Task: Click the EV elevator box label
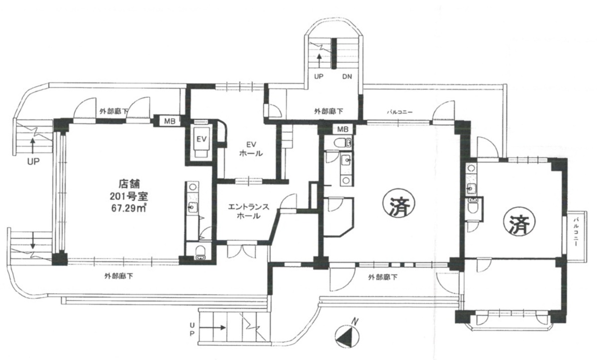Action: pos(201,139)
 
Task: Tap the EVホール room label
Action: pos(251,149)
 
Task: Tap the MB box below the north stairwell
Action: pos(343,129)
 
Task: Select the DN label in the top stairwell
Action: pos(347,77)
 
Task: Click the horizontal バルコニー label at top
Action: pos(401,111)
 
